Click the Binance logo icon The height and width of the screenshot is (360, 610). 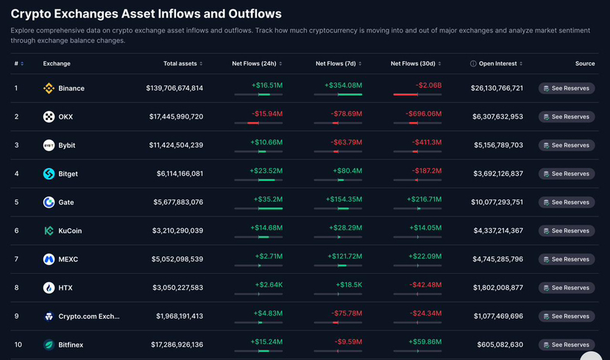(x=49, y=88)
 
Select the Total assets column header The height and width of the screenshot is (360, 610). (x=180, y=63)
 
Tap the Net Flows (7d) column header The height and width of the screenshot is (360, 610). (x=336, y=63)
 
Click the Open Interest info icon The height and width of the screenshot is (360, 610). (x=473, y=63)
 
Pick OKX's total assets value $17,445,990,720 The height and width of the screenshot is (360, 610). (x=177, y=117)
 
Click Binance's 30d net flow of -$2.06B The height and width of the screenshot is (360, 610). (x=428, y=85)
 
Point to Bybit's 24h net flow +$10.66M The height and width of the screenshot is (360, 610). (x=266, y=142)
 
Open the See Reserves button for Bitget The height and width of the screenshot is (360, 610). (x=567, y=174)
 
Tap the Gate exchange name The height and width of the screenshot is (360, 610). (x=66, y=202)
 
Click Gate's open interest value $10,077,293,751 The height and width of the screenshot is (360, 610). (x=497, y=202)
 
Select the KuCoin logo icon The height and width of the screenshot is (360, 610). (x=49, y=230)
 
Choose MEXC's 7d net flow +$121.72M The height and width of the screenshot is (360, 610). (x=344, y=256)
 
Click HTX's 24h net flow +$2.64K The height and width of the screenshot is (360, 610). (x=269, y=284)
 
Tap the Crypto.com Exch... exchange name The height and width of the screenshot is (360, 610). (x=89, y=317)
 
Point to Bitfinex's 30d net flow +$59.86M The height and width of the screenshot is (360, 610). (x=425, y=342)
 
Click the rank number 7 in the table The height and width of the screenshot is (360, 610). (x=16, y=259)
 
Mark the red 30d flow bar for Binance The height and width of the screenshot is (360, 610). (x=405, y=94)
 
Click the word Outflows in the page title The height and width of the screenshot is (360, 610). (x=255, y=14)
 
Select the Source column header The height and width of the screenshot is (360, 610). (x=585, y=63)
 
